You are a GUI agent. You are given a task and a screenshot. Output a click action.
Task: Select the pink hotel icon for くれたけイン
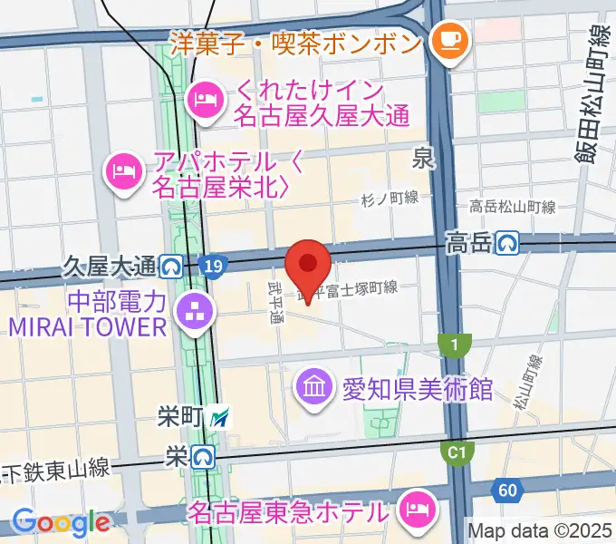pos(206,97)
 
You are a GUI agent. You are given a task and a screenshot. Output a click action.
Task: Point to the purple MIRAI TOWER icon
pos(192,313)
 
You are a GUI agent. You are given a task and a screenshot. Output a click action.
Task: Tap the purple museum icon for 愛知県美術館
pos(313,388)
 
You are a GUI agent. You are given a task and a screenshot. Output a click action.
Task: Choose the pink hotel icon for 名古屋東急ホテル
pos(417,508)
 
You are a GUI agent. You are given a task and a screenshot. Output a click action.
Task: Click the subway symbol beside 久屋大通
pos(170,266)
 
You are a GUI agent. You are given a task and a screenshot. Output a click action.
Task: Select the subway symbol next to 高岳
pos(508,242)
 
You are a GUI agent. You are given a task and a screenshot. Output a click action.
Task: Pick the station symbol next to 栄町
pos(220,418)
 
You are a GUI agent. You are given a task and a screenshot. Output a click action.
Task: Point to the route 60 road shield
pos(508,491)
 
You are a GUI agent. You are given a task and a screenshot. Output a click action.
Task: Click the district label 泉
pos(422,160)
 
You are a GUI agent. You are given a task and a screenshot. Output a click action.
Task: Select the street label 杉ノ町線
pos(389,199)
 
